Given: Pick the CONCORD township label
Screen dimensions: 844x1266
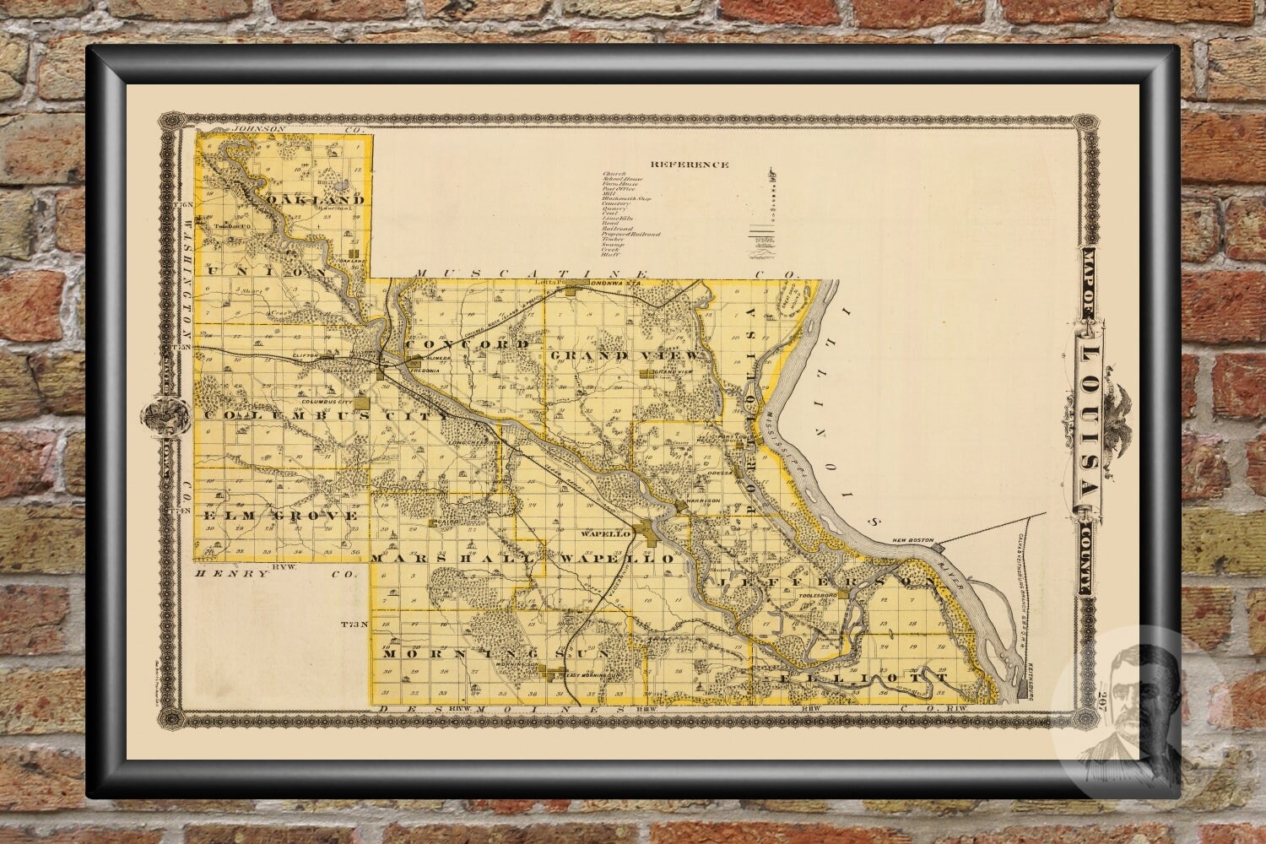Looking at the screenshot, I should pos(468,345).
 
